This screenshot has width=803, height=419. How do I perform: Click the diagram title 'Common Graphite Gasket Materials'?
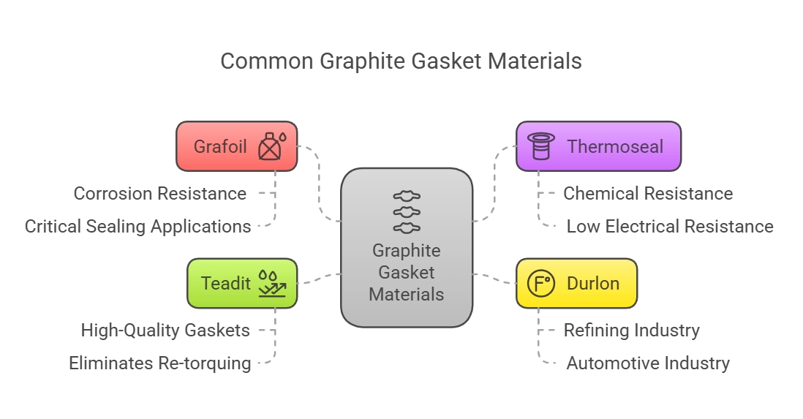[x=401, y=61]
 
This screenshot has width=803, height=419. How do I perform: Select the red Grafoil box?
[x=220, y=146]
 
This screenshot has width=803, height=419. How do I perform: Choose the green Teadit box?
[x=226, y=283]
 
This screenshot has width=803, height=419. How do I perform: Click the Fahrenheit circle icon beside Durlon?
[x=542, y=283]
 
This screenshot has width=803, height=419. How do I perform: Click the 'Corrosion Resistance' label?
[x=159, y=194]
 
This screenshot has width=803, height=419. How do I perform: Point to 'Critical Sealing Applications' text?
[x=137, y=227]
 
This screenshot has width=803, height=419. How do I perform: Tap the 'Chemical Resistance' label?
[x=648, y=194]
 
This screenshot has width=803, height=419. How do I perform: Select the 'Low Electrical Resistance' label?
[x=669, y=227]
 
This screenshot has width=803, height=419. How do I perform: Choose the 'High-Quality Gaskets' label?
[x=165, y=331]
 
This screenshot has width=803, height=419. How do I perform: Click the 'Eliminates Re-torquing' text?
[x=159, y=363]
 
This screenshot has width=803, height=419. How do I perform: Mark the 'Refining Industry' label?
[x=631, y=331]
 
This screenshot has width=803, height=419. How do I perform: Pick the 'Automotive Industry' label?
[x=648, y=363]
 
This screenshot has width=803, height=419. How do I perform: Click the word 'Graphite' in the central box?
[x=407, y=251]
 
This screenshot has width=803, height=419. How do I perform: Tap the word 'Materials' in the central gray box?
[x=407, y=295]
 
